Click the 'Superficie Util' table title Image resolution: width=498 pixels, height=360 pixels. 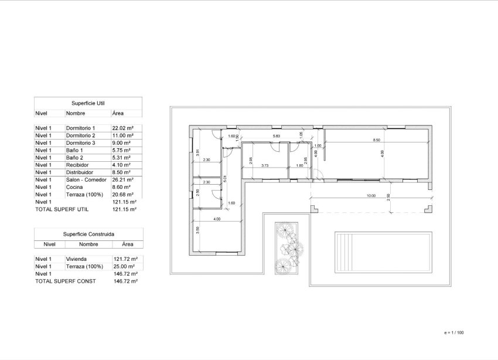(88, 102)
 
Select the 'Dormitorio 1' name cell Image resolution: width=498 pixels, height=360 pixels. (80, 128)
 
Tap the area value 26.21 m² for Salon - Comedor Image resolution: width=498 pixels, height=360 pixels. (122, 180)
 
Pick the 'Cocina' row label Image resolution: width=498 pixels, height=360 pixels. (74, 187)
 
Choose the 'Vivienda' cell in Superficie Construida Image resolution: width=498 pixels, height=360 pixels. (76, 259)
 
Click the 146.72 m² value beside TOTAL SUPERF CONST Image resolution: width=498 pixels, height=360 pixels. (125, 281)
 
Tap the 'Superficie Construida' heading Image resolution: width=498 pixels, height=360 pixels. (88, 233)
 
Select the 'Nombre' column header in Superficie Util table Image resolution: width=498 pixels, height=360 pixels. (76, 113)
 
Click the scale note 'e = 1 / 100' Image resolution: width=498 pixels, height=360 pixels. (454, 332)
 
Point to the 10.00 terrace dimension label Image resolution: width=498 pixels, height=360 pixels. (370, 196)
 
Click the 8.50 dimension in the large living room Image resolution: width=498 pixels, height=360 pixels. (377, 140)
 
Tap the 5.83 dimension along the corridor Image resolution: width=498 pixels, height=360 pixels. (277, 136)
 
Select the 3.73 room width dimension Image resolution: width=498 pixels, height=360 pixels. (264, 165)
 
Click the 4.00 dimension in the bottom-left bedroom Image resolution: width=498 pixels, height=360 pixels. (217, 219)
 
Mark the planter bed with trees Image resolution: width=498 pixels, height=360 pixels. (287, 246)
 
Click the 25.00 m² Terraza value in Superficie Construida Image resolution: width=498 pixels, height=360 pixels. (124, 266)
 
